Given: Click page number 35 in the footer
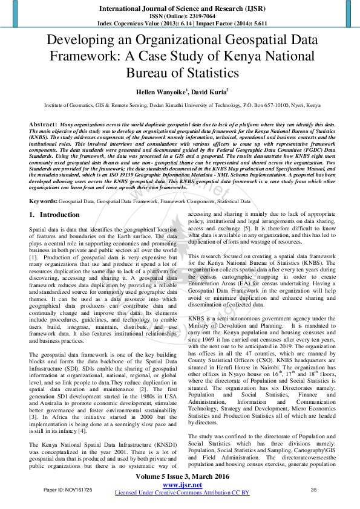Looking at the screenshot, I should click(314, 488).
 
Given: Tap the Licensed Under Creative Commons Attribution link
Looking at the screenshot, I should click(182, 493).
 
